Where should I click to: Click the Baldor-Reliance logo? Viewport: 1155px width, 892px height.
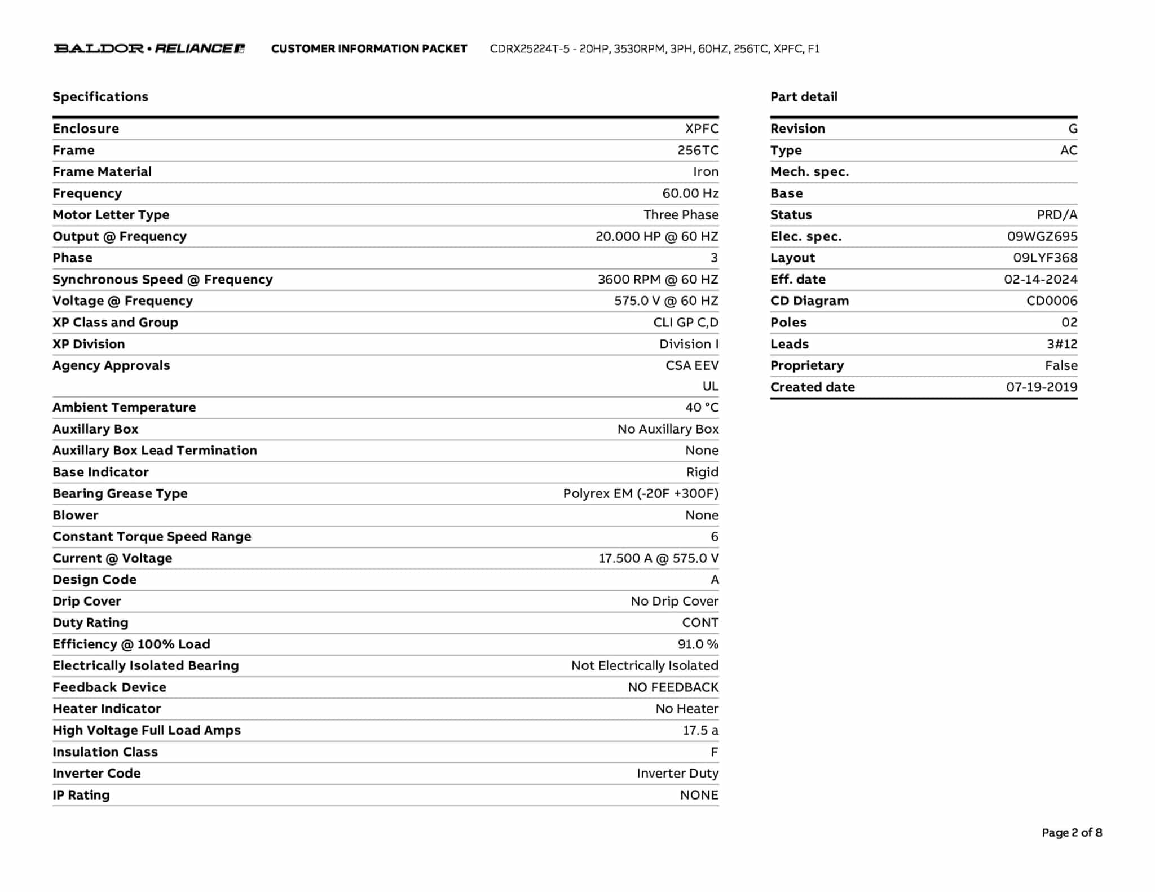[x=149, y=48]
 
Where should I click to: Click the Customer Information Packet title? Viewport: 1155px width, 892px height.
[x=369, y=48]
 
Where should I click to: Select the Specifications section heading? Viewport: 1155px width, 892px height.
[x=100, y=96]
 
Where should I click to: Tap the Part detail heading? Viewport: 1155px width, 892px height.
[x=804, y=96]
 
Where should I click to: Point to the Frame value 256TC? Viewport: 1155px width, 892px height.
[x=698, y=150]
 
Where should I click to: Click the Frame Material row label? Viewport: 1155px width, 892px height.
[x=102, y=171]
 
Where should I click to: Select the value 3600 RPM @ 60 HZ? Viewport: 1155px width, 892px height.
[x=658, y=279]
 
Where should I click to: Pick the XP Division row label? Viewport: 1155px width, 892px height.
[x=89, y=344]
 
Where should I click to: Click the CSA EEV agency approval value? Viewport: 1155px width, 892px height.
[x=692, y=365]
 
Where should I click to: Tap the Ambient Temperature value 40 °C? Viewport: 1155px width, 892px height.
[x=702, y=407]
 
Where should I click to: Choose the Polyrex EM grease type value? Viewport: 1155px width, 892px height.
[x=641, y=493]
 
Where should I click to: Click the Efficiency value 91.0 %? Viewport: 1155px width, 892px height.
[x=698, y=644]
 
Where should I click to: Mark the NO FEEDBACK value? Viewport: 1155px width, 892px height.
[x=673, y=687]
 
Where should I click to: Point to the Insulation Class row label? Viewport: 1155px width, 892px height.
[x=105, y=752]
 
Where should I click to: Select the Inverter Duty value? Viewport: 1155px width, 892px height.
[x=677, y=773]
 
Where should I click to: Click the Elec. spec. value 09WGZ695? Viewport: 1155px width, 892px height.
[x=1042, y=236]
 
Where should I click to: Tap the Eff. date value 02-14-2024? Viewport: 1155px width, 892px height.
[x=1041, y=279]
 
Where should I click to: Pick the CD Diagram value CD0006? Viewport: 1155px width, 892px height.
[x=1052, y=301]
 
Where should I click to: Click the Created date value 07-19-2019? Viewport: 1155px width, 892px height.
[x=1042, y=387]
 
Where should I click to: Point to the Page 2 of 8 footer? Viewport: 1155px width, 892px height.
[x=1072, y=832]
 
